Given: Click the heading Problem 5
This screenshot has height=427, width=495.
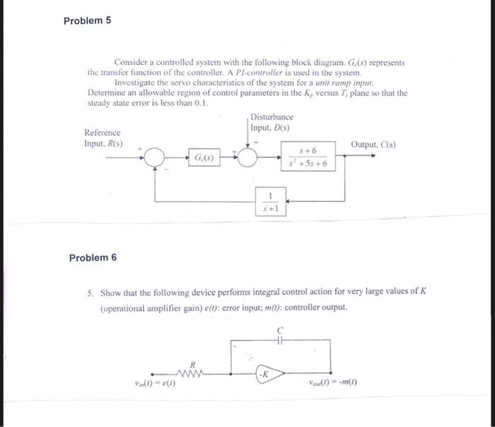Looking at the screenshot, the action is click(87, 21).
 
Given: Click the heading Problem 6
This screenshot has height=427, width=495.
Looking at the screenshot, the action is click(93, 257).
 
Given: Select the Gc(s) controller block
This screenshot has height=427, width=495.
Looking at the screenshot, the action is click(202, 158).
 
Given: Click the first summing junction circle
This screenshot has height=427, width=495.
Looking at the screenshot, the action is click(156, 158).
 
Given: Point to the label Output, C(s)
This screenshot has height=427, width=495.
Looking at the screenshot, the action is click(373, 144).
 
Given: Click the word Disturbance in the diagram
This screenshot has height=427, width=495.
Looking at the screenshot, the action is click(271, 116).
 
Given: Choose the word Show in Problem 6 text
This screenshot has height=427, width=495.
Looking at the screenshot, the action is click(112, 292).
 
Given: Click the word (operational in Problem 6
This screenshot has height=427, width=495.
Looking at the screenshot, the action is click(124, 309).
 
